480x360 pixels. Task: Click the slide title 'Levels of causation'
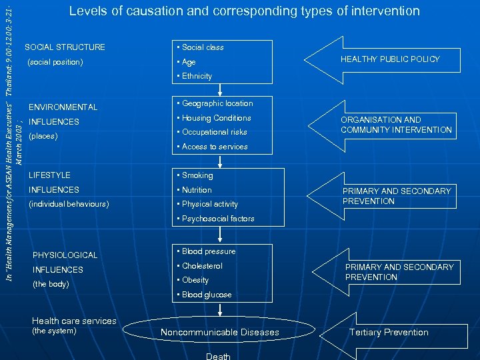click(244, 11)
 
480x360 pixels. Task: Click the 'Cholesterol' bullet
click(202, 266)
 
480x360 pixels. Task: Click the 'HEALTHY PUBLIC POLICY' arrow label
click(390, 59)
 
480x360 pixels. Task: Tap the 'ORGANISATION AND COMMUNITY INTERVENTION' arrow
click(396, 125)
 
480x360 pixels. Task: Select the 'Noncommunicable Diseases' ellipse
click(220, 332)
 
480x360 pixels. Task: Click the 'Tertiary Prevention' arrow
click(389, 332)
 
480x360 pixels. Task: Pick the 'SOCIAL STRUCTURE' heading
click(65, 47)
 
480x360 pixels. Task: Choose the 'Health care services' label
click(74, 321)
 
